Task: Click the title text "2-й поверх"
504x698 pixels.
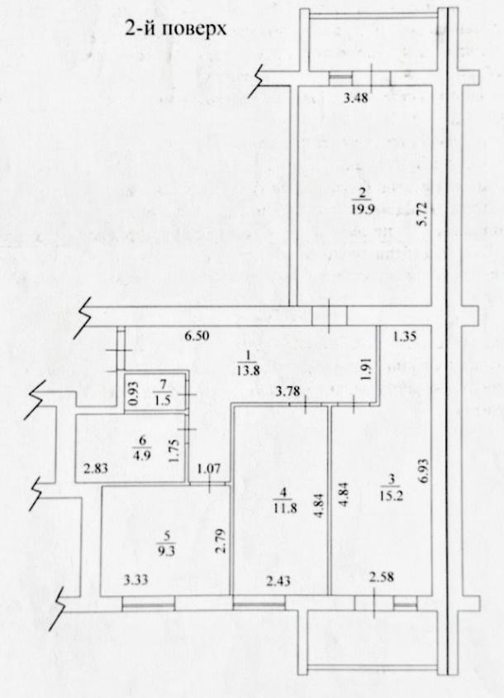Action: tap(176, 29)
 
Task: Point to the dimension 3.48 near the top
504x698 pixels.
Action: tap(356, 98)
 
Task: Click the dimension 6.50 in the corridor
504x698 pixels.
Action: tap(197, 336)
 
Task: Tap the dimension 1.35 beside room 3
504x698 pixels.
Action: tap(405, 336)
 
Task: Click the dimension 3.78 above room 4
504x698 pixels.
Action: tap(288, 391)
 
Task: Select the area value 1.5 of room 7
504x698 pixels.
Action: tap(164, 399)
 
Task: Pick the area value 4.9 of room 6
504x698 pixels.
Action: tap(142, 456)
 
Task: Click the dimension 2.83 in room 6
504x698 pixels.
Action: tap(96, 468)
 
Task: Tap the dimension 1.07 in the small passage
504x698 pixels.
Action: tap(209, 469)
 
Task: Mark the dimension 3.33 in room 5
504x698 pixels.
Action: tap(136, 580)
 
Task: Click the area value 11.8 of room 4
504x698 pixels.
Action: tap(285, 508)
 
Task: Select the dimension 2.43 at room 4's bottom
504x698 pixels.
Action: tap(278, 581)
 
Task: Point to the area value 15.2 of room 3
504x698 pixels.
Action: tap(392, 496)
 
